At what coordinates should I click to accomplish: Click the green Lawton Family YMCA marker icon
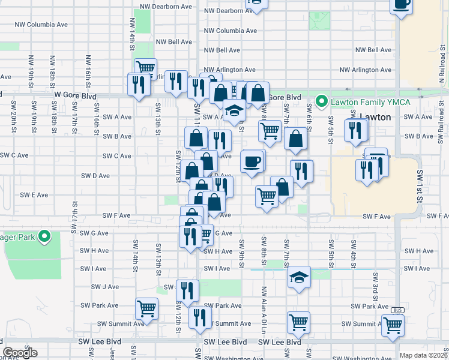click(322, 101)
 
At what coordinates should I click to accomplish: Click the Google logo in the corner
click(20, 353)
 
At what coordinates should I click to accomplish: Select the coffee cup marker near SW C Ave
click(252, 161)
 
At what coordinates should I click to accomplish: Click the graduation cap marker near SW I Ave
click(298, 277)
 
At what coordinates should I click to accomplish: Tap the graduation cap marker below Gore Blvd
click(234, 110)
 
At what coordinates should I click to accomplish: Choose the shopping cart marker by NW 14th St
click(145, 68)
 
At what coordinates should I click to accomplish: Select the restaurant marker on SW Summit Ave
click(200, 317)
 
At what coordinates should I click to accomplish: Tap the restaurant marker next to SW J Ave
click(187, 290)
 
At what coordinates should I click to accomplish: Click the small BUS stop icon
click(397, 310)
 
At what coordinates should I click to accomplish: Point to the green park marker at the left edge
click(43, 236)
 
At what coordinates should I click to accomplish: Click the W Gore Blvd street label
click(75, 95)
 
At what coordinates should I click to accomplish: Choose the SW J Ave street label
click(105, 287)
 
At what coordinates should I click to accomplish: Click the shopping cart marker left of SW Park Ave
click(146, 308)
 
